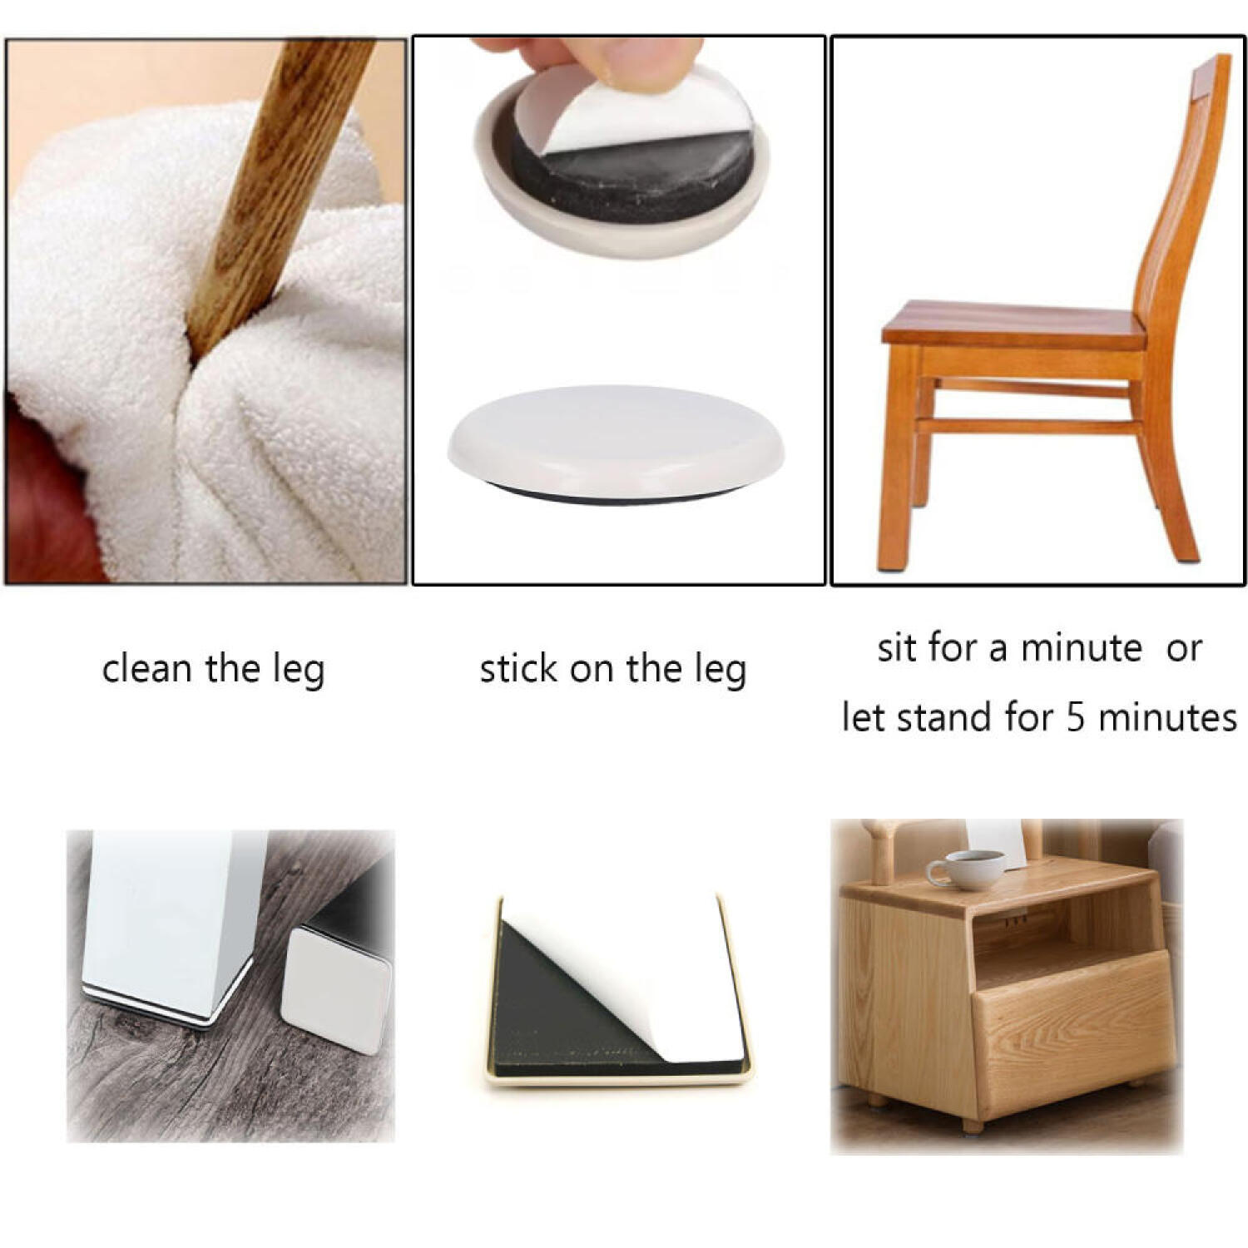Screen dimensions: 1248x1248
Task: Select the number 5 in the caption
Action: click(1076, 717)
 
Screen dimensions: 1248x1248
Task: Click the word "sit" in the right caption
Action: click(898, 648)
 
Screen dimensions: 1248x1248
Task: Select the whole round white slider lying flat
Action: click(616, 441)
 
